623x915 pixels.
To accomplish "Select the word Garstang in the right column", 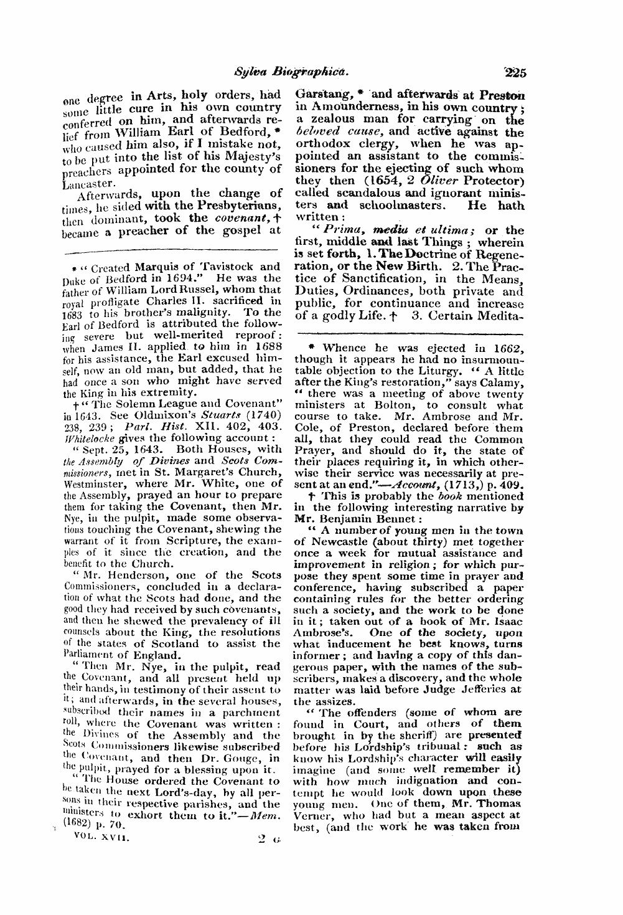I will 321,95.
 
